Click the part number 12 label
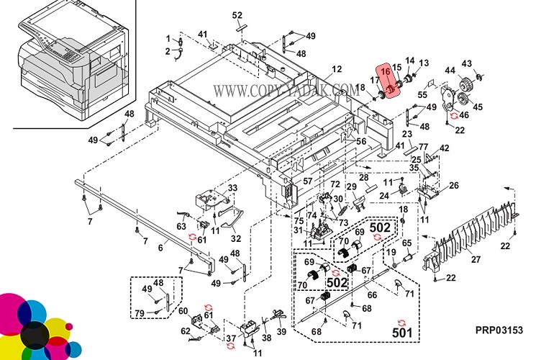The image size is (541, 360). [337, 70]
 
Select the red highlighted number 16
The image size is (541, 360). [386, 71]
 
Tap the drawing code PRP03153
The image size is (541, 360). [499, 330]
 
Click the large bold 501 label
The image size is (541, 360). [402, 333]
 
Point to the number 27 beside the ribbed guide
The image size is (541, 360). [476, 260]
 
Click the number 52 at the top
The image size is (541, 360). [238, 15]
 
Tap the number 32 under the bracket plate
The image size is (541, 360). [236, 238]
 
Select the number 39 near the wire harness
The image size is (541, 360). [282, 331]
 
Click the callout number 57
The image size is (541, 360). [307, 181]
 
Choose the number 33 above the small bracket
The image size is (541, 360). [232, 189]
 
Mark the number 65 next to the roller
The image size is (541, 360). [406, 244]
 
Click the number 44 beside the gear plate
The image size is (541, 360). [450, 71]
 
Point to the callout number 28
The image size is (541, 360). [364, 177]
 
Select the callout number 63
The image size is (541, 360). [183, 226]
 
